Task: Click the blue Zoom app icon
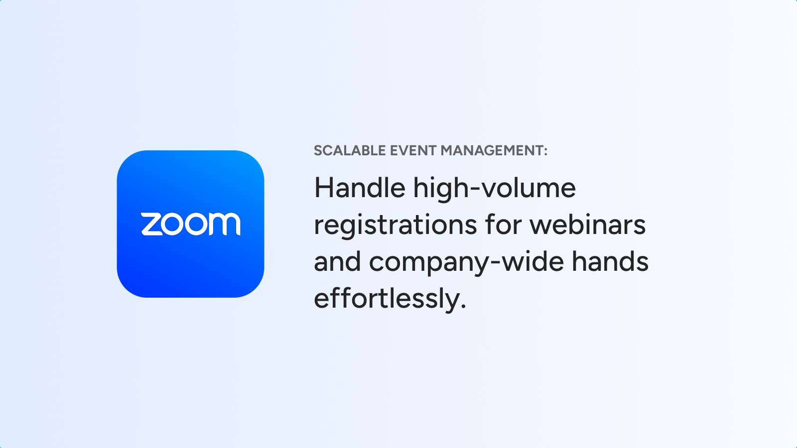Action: pyautogui.click(x=190, y=224)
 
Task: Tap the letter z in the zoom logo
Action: pyautogui.click(x=152, y=224)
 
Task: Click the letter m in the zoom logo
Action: pyautogui.click(x=224, y=224)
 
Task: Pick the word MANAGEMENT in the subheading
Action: pyautogui.click(x=492, y=151)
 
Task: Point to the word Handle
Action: pyautogui.click(x=360, y=188)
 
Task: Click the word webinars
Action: pyautogui.click(x=588, y=224)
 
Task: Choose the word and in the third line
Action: pyautogui.click(x=337, y=261)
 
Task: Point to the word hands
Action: pyautogui.click(x=610, y=261)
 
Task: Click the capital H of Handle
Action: pyautogui.click(x=323, y=188)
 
